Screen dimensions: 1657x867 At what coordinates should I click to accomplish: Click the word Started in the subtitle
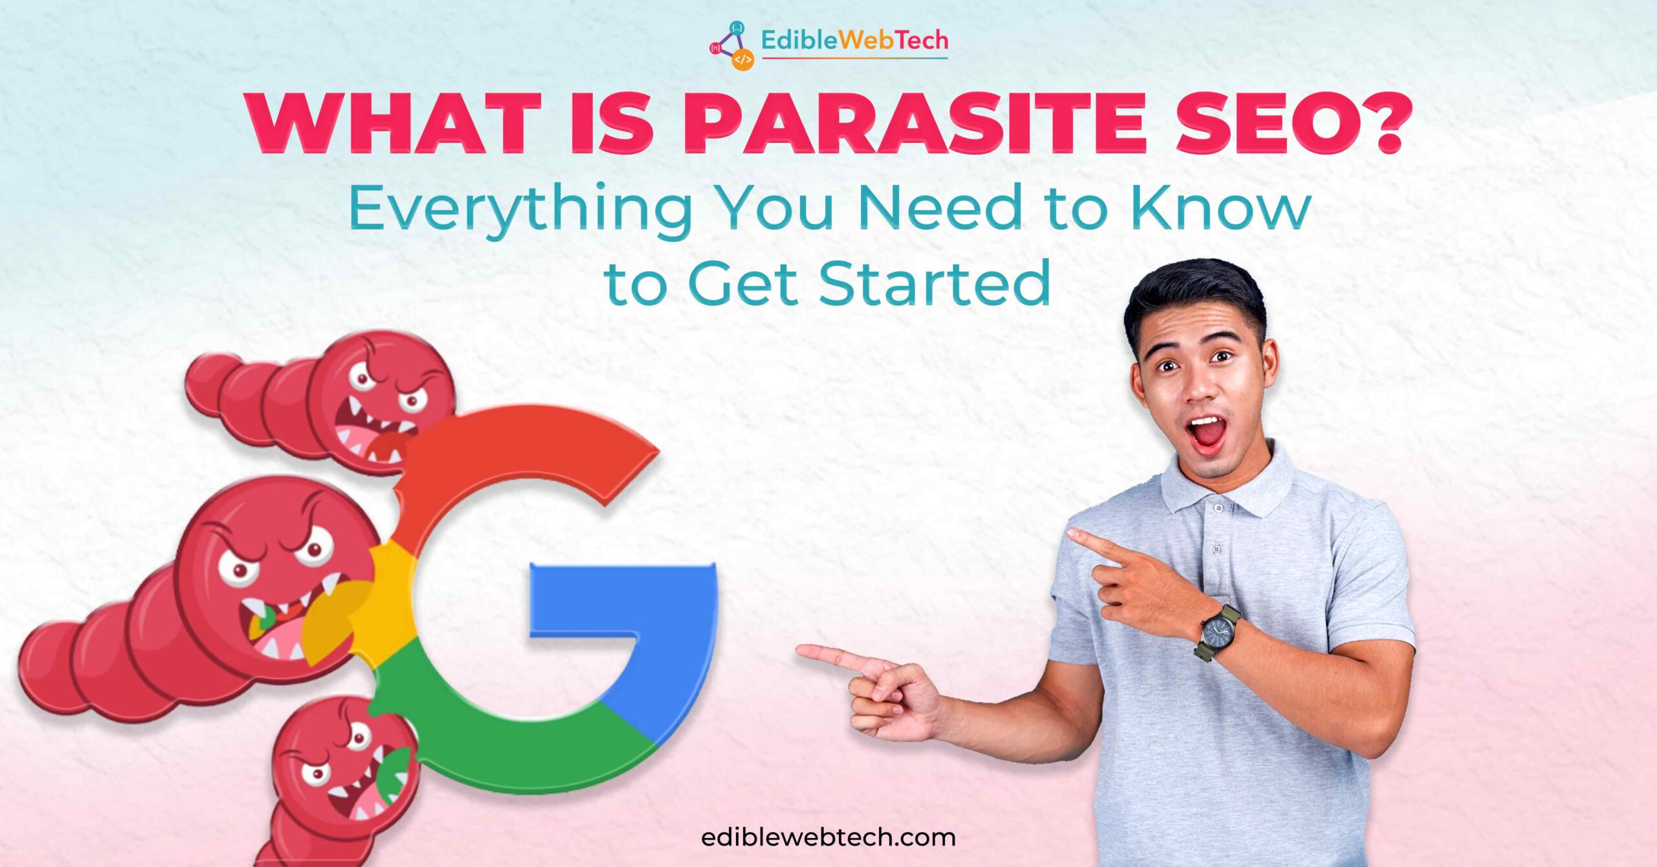click(x=935, y=283)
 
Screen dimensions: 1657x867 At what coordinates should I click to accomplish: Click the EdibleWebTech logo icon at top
click(x=733, y=45)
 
